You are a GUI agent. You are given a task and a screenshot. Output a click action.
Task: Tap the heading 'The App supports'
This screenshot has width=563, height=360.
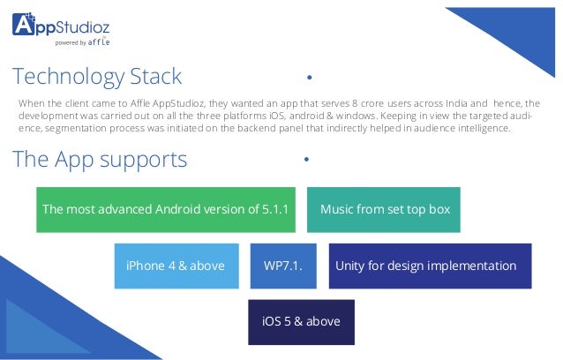point(100,159)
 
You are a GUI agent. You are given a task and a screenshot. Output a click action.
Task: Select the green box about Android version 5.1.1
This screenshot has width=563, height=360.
point(165,209)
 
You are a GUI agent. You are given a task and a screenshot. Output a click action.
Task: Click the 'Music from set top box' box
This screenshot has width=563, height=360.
point(384,209)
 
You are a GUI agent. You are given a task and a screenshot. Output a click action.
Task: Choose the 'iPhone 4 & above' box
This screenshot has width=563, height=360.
point(176,266)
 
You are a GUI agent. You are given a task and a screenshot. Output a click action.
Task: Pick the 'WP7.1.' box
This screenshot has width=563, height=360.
point(283,266)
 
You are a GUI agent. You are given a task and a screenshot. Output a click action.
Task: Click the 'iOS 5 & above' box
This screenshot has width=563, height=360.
point(301,321)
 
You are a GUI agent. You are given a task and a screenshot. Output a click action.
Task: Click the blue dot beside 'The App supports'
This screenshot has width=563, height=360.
point(305,160)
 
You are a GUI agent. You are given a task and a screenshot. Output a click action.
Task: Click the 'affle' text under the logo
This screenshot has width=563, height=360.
point(100,41)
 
